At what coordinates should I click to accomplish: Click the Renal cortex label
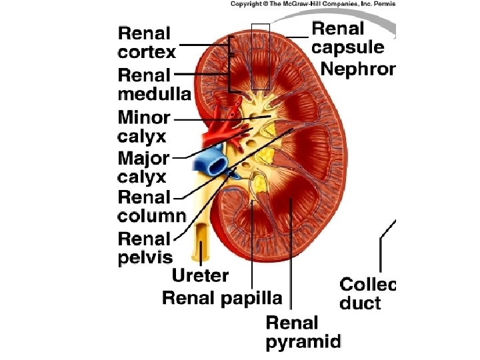[146, 43]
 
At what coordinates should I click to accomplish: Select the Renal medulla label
[153, 83]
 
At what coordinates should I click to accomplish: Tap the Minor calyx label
[143, 127]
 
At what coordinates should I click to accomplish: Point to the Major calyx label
[143, 167]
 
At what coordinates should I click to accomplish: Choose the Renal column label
[151, 207]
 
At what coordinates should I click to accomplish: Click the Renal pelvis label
[145, 247]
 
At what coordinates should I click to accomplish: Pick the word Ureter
[200, 275]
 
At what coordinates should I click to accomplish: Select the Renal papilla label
[222, 298]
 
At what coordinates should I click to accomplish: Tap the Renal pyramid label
[303, 333]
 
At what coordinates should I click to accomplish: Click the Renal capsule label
[347, 38]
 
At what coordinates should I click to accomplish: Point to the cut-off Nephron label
[358, 69]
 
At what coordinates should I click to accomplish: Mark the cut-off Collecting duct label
[367, 294]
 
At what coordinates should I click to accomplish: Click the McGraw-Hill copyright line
[313, 4]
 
